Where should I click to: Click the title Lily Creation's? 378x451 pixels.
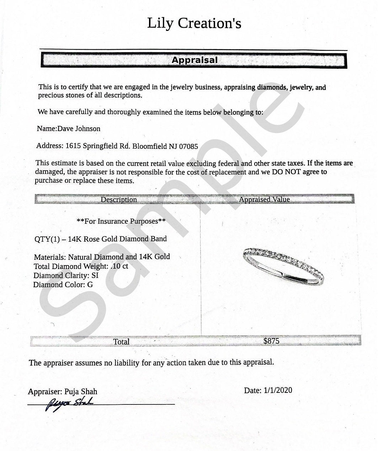[x=194, y=23]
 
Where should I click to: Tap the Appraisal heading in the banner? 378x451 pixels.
[x=194, y=60]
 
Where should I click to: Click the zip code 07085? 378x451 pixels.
[x=188, y=146]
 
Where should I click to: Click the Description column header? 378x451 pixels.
[x=119, y=199]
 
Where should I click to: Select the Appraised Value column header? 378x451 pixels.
[x=264, y=199]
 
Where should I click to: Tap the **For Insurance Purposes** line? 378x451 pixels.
[x=121, y=221]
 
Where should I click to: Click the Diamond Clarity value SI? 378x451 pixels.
[x=95, y=275]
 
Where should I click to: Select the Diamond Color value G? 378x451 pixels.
[x=90, y=285]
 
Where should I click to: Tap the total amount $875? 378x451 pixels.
[x=271, y=341]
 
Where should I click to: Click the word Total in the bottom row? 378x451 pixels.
[x=121, y=342]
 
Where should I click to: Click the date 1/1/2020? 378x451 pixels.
[x=278, y=390]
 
